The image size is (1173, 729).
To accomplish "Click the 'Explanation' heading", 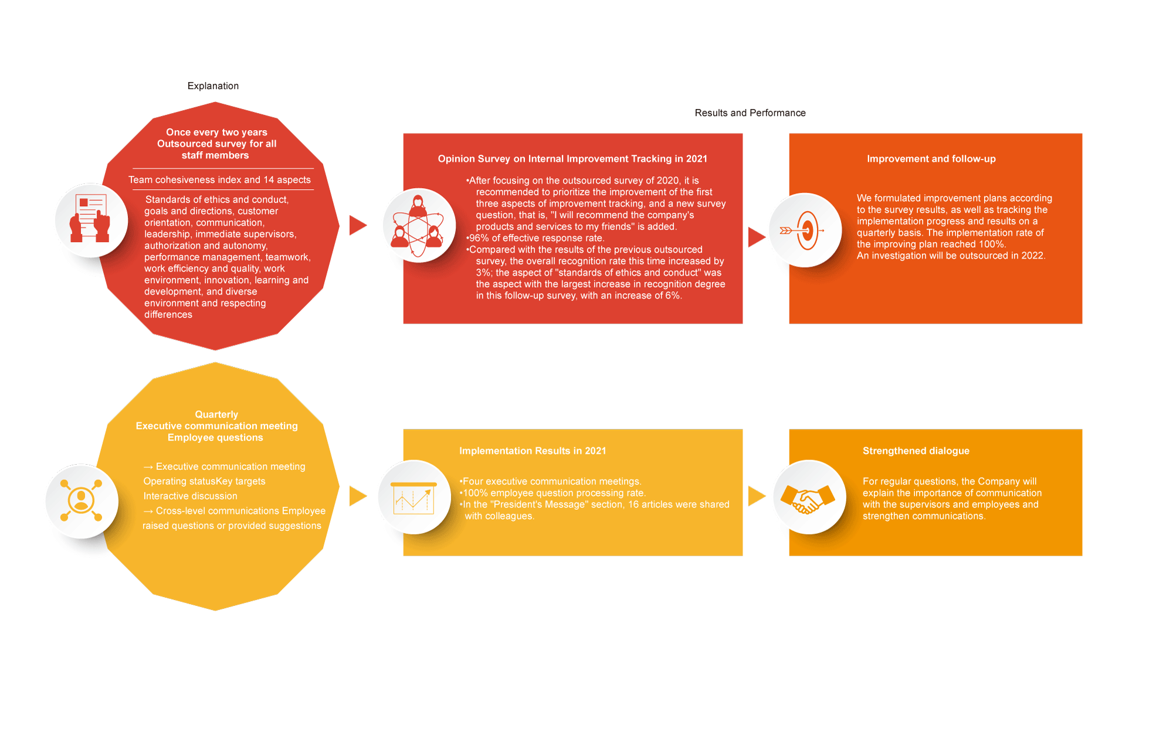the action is click(213, 86).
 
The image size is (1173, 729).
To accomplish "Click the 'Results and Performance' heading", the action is click(750, 113).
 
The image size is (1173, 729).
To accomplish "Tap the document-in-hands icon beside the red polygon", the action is click(90, 219).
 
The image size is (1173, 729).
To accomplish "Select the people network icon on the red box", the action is click(418, 226).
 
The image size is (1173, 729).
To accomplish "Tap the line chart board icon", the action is click(413, 498).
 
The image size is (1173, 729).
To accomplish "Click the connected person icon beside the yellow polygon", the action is click(81, 500).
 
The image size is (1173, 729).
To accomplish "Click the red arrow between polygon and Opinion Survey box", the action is click(358, 225).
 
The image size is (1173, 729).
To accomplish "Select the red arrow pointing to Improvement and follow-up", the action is click(757, 237).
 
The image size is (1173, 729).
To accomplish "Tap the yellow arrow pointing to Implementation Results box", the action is click(358, 496).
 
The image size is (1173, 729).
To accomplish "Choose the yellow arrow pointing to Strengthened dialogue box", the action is click(757, 496).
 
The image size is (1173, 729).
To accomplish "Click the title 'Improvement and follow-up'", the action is click(931, 159).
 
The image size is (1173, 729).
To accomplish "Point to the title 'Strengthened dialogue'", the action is click(916, 451).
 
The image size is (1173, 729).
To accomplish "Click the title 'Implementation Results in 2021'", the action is click(533, 451).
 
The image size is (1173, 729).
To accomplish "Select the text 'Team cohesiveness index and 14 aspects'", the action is click(219, 180).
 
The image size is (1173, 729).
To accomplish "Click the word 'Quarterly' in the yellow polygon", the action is click(216, 414).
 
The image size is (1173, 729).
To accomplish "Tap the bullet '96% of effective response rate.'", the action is click(535, 238).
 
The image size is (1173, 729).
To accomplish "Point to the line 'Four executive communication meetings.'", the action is click(550, 482).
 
